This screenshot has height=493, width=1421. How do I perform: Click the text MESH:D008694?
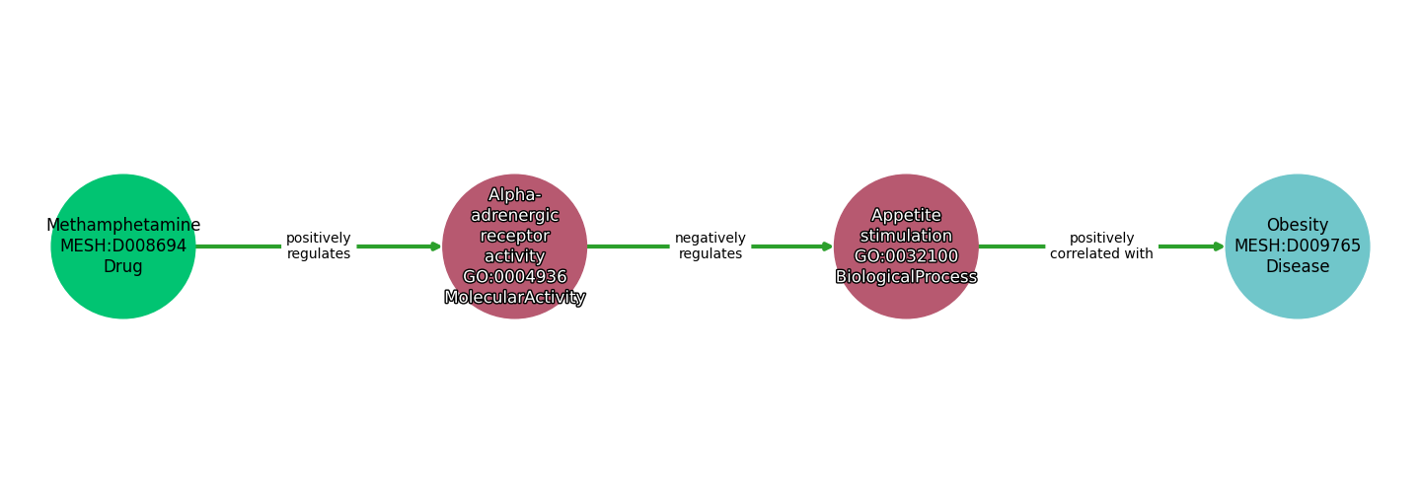pos(123,246)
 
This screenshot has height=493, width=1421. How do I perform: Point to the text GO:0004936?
pos(515,277)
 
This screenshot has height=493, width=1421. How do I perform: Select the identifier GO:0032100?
pos(906,256)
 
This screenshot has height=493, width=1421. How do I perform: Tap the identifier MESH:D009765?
pos(1297,246)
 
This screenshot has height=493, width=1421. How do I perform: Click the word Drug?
pos(123,267)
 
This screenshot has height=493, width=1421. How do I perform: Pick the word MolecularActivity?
pos(515,298)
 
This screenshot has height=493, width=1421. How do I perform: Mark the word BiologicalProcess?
pos(906,277)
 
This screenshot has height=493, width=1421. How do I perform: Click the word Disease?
pos(1297,267)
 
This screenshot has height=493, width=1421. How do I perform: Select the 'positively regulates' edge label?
pos(319,246)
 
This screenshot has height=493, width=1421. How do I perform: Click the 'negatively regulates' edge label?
pos(710,246)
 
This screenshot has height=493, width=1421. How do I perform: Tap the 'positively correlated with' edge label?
pos(1101,246)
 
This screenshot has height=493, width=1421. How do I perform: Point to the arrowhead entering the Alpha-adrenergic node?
pos(436,246)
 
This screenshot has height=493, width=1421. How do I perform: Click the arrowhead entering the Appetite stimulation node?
pos(828,246)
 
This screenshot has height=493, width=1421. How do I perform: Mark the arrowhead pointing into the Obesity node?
pos(1220,246)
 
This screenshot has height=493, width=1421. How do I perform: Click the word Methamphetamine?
pos(123,226)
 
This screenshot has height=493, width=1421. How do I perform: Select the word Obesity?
pos(1297,226)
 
